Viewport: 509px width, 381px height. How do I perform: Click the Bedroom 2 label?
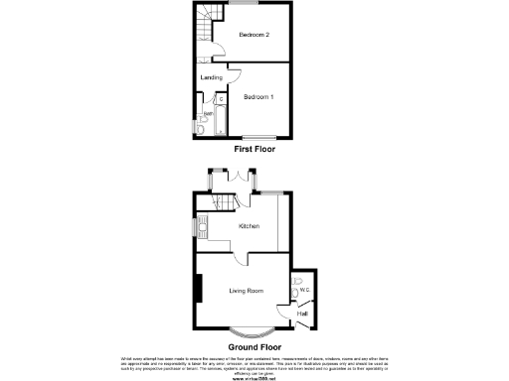point(254,35)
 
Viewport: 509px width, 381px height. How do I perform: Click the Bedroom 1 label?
point(258,97)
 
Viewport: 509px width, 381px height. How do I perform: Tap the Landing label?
point(211,77)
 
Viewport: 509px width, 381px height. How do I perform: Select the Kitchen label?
point(249,227)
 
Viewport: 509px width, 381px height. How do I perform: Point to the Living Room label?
point(246,291)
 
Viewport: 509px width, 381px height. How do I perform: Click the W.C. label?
point(306,290)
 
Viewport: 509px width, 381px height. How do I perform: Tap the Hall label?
point(302,314)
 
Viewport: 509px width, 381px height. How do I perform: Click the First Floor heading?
point(254,149)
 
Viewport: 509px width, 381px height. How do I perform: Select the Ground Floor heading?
point(254,347)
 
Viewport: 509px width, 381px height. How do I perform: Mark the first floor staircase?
point(212,24)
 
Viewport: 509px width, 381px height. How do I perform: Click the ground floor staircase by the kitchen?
point(221,202)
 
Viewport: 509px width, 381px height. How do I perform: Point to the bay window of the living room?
point(253,330)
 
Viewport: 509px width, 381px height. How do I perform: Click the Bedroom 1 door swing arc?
point(235,72)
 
